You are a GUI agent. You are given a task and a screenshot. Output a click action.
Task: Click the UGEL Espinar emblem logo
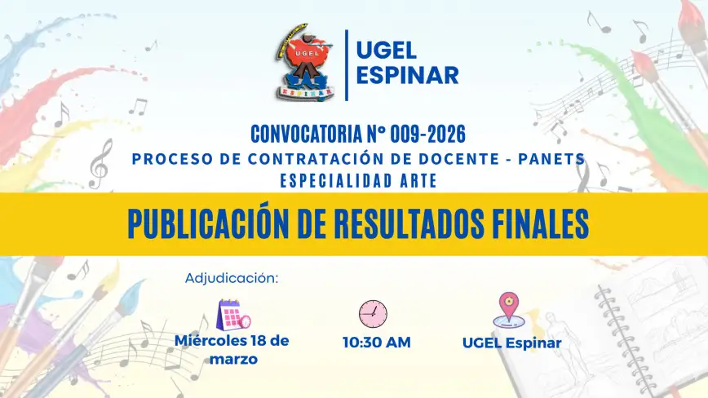[306, 62]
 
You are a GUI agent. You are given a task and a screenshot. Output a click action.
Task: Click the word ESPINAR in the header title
[407, 75]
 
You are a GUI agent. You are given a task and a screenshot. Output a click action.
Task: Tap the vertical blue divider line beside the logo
[347, 65]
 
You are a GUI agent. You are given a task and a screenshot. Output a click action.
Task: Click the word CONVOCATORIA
[306, 134]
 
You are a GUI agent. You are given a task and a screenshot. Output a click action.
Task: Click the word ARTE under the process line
[418, 181]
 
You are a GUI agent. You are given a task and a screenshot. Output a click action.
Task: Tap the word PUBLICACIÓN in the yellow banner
[208, 223]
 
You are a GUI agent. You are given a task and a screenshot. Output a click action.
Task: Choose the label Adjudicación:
[232, 278]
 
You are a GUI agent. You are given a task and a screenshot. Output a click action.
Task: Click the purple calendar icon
[233, 315]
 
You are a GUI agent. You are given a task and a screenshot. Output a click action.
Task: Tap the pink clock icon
[373, 314]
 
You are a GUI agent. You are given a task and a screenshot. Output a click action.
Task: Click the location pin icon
[509, 310]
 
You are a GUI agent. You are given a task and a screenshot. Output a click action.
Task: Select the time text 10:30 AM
[377, 343]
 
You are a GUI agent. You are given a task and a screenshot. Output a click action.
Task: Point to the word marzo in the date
[233, 360]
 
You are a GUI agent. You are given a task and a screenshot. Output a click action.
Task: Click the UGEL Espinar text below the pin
[512, 343]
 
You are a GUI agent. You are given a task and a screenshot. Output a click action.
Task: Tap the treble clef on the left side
[100, 163]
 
